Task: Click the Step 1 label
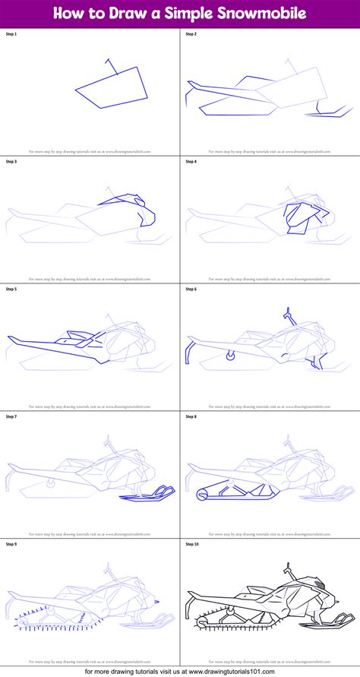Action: coord(11,35)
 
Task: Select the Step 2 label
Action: coord(191,35)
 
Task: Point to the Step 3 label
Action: coord(11,162)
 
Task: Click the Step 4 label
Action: coord(191,162)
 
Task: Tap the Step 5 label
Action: coord(11,289)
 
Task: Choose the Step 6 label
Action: coord(191,289)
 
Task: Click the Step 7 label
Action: coord(11,417)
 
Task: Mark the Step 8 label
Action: coord(191,417)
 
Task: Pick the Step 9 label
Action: coord(11,545)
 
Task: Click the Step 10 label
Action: coord(191,545)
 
